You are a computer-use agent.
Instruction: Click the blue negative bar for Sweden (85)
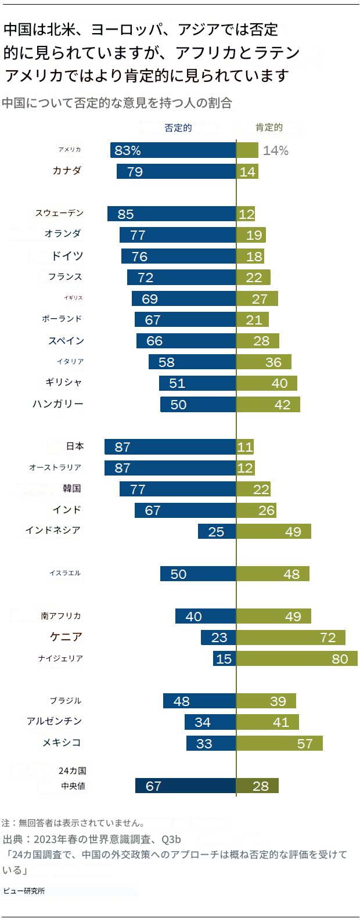[x=171, y=214]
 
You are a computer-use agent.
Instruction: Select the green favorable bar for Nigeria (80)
[x=297, y=658]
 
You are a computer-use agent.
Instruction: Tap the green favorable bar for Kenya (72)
[x=290, y=638]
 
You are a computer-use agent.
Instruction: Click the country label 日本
[x=75, y=446]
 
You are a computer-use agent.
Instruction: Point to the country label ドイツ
[x=67, y=256]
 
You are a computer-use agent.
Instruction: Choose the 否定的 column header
[x=178, y=128]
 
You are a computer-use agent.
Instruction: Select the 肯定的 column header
[x=269, y=128]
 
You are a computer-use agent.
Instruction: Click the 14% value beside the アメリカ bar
[x=276, y=150]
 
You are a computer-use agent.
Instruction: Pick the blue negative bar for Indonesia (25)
[x=217, y=531]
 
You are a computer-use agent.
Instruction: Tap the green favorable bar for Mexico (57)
[x=279, y=743]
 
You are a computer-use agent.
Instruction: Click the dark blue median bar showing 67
[x=185, y=786]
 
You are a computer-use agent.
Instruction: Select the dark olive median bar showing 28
[x=257, y=786]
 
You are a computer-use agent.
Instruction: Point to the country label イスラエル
[x=65, y=573]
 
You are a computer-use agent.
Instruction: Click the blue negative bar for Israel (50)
[x=198, y=574]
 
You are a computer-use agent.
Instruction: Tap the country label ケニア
[x=66, y=637]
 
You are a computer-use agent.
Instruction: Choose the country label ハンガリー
[x=58, y=404]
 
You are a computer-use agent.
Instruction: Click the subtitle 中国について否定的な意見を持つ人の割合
[x=117, y=103]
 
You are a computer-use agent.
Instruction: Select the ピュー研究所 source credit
[x=24, y=891]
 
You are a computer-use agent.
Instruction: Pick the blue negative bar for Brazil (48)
[x=199, y=701]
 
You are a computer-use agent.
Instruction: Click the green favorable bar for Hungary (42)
[x=268, y=404]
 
